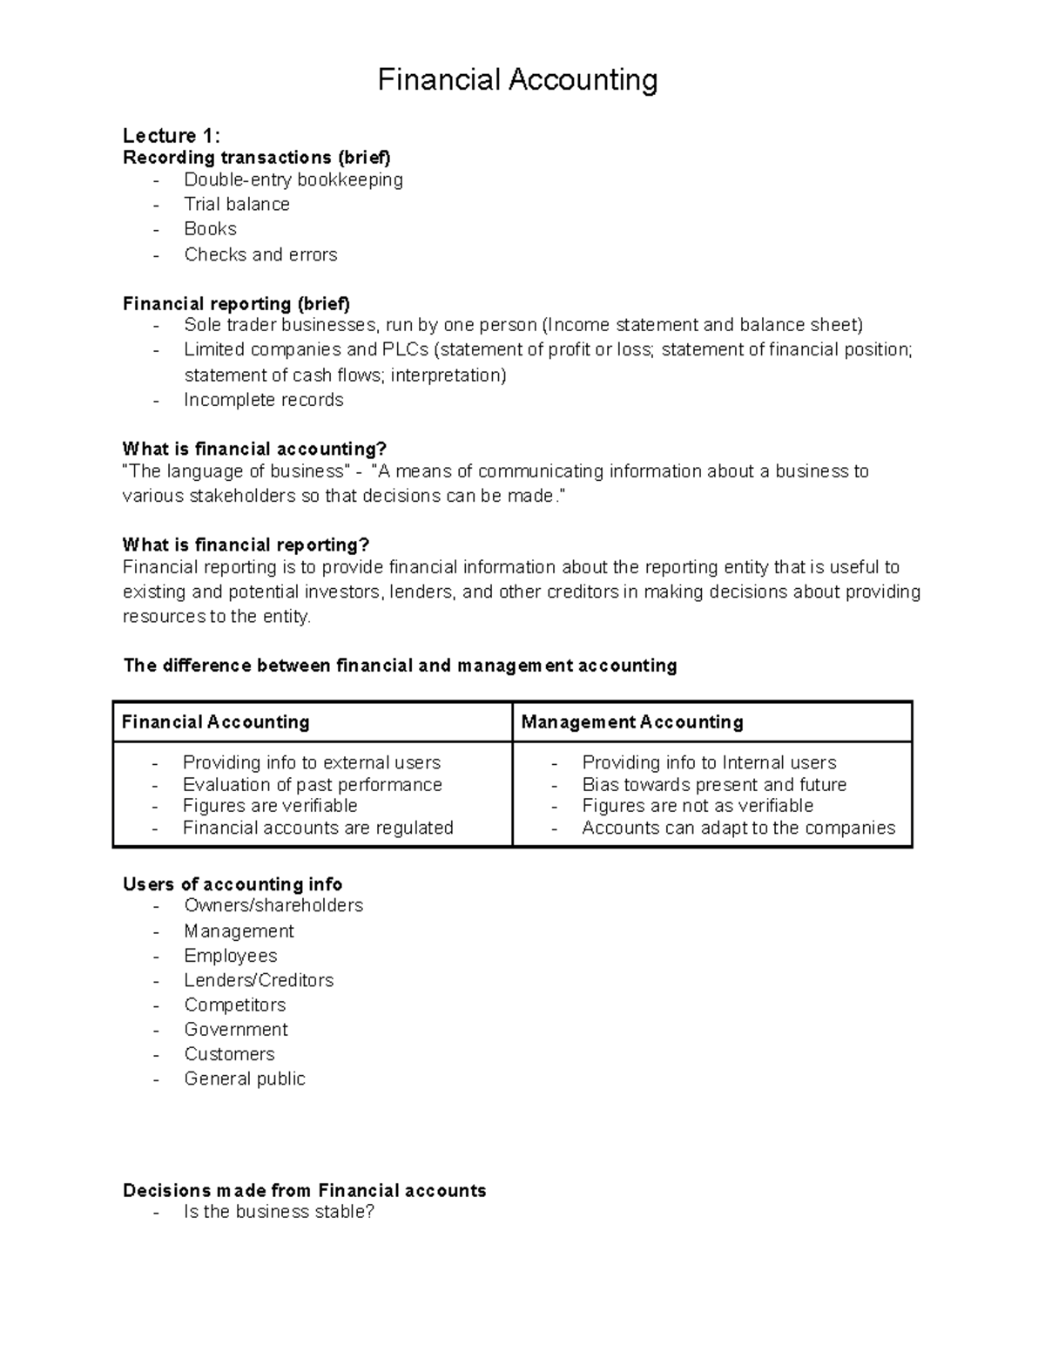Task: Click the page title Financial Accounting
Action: point(517,80)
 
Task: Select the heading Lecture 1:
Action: point(172,135)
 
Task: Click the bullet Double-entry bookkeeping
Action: point(293,180)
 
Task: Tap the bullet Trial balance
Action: point(237,205)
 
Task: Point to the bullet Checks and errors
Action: point(260,255)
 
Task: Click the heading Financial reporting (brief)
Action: point(236,304)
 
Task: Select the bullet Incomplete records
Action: point(263,400)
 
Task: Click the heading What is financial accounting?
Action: point(254,450)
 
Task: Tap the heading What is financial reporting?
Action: point(246,545)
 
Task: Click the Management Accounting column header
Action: point(632,722)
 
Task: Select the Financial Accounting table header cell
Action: point(216,722)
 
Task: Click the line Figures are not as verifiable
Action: point(698,806)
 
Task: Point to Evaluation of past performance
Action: point(312,785)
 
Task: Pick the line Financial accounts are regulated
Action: point(318,829)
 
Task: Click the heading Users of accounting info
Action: point(233,884)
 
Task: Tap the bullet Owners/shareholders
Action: point(273,906)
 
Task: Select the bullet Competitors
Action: point(235,1005)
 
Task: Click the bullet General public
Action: point(245,1079)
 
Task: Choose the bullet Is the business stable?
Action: point(279,1212)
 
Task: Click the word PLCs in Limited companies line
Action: point(405,350)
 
